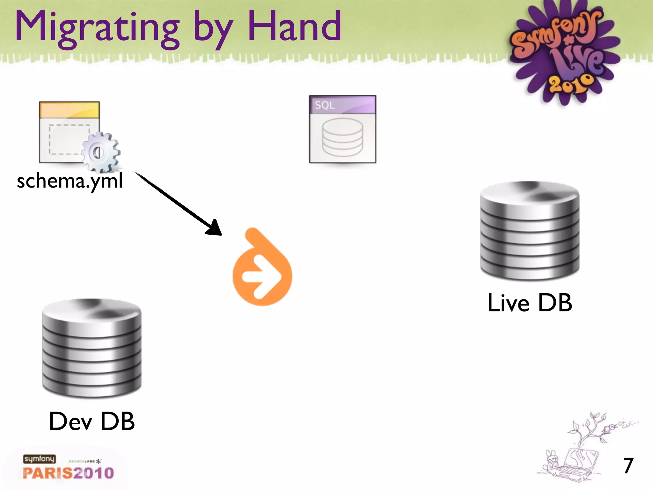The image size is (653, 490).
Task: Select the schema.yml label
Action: (x=70, y=181)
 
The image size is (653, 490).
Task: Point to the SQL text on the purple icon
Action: (x=325, y=105)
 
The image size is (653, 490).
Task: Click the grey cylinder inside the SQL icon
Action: (x=342, y=137)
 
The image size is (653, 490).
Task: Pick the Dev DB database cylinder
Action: (x=92, y=348)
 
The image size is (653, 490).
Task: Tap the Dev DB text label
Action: (x=92, y=421)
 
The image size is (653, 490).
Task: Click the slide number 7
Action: (x=628, y=465)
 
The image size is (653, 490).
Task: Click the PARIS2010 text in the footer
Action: (x=68, y=473)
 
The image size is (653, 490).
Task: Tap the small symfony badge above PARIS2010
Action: (x=39, y=459)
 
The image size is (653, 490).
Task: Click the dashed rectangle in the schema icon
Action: (x=65, y=139)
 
